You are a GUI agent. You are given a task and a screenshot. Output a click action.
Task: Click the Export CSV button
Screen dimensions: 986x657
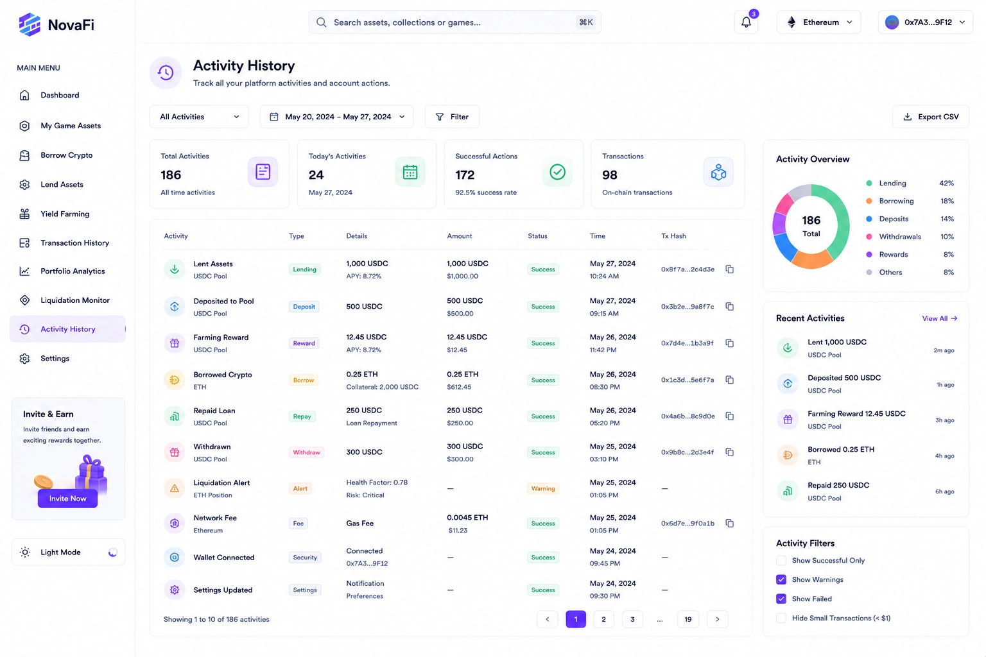click(x=931, y=117)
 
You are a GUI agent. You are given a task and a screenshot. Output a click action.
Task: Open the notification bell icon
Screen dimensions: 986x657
click(x=746, y=22)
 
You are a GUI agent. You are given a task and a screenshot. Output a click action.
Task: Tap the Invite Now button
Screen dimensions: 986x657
click(x=67, y=499)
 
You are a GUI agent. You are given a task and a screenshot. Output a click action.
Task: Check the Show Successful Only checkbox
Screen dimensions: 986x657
click(x=781, y=561)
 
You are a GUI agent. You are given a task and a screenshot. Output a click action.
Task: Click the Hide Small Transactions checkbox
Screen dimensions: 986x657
click(x=781, y=619)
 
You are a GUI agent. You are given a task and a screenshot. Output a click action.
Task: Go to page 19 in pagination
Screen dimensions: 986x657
click(x=688, y=619)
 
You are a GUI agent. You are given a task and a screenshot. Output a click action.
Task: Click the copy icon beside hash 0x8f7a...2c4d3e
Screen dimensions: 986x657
click(x=729, y=269)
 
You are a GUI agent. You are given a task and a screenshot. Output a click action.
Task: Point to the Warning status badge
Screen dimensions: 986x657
click(x=542, y=488)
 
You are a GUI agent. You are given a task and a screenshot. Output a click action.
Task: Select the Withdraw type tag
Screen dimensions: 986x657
click(x=306, y=452)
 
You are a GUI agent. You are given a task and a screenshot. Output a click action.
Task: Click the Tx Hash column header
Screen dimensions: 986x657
click(x=673, y=236)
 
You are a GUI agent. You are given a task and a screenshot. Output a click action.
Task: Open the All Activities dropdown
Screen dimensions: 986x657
click(x=199, y=117)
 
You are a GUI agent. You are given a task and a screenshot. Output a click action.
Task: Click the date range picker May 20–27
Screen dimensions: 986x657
click(x=336, y=117)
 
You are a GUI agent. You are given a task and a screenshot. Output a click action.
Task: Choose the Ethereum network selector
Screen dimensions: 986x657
click(x=818, y=22)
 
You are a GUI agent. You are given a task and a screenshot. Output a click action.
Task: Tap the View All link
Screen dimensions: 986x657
click(x=939, y=319)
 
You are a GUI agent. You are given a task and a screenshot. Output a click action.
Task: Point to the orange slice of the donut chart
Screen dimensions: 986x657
click(x=812, y=260)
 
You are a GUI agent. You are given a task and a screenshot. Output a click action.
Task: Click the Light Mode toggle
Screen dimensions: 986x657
click(x=113, y=552)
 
